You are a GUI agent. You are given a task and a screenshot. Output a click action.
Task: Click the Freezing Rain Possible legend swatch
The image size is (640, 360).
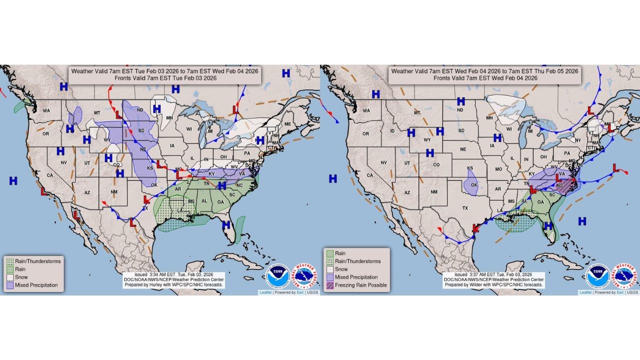click(x=330, y=285)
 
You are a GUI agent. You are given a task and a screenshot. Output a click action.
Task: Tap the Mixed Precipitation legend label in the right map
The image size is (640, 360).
click(x=356, y=277)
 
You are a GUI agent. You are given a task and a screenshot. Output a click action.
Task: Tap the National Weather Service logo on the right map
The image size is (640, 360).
click(x=625, y=276)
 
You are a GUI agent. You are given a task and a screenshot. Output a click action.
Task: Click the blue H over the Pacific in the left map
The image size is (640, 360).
click(x=13, y=180)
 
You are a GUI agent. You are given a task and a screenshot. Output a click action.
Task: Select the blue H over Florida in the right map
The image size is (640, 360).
click(x=548, y=226)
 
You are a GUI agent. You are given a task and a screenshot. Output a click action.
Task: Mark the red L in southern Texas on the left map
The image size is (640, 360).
click(x=133, y=223)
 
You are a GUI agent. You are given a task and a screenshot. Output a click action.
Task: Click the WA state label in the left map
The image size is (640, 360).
click(x=46, y=110)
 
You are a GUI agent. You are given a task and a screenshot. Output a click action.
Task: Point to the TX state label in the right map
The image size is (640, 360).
click(x=465, y=208)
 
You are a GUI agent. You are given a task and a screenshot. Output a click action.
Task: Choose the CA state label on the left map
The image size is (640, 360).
click(x=49, y=175)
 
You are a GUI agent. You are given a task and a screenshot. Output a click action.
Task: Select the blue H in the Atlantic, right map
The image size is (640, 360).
click(x=582, y=220)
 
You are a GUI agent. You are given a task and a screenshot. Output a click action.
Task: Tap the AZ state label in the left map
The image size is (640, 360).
click(x=86, y=192)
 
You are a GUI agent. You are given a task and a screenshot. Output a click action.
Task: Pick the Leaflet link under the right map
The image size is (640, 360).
click(x=585, y=292)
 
